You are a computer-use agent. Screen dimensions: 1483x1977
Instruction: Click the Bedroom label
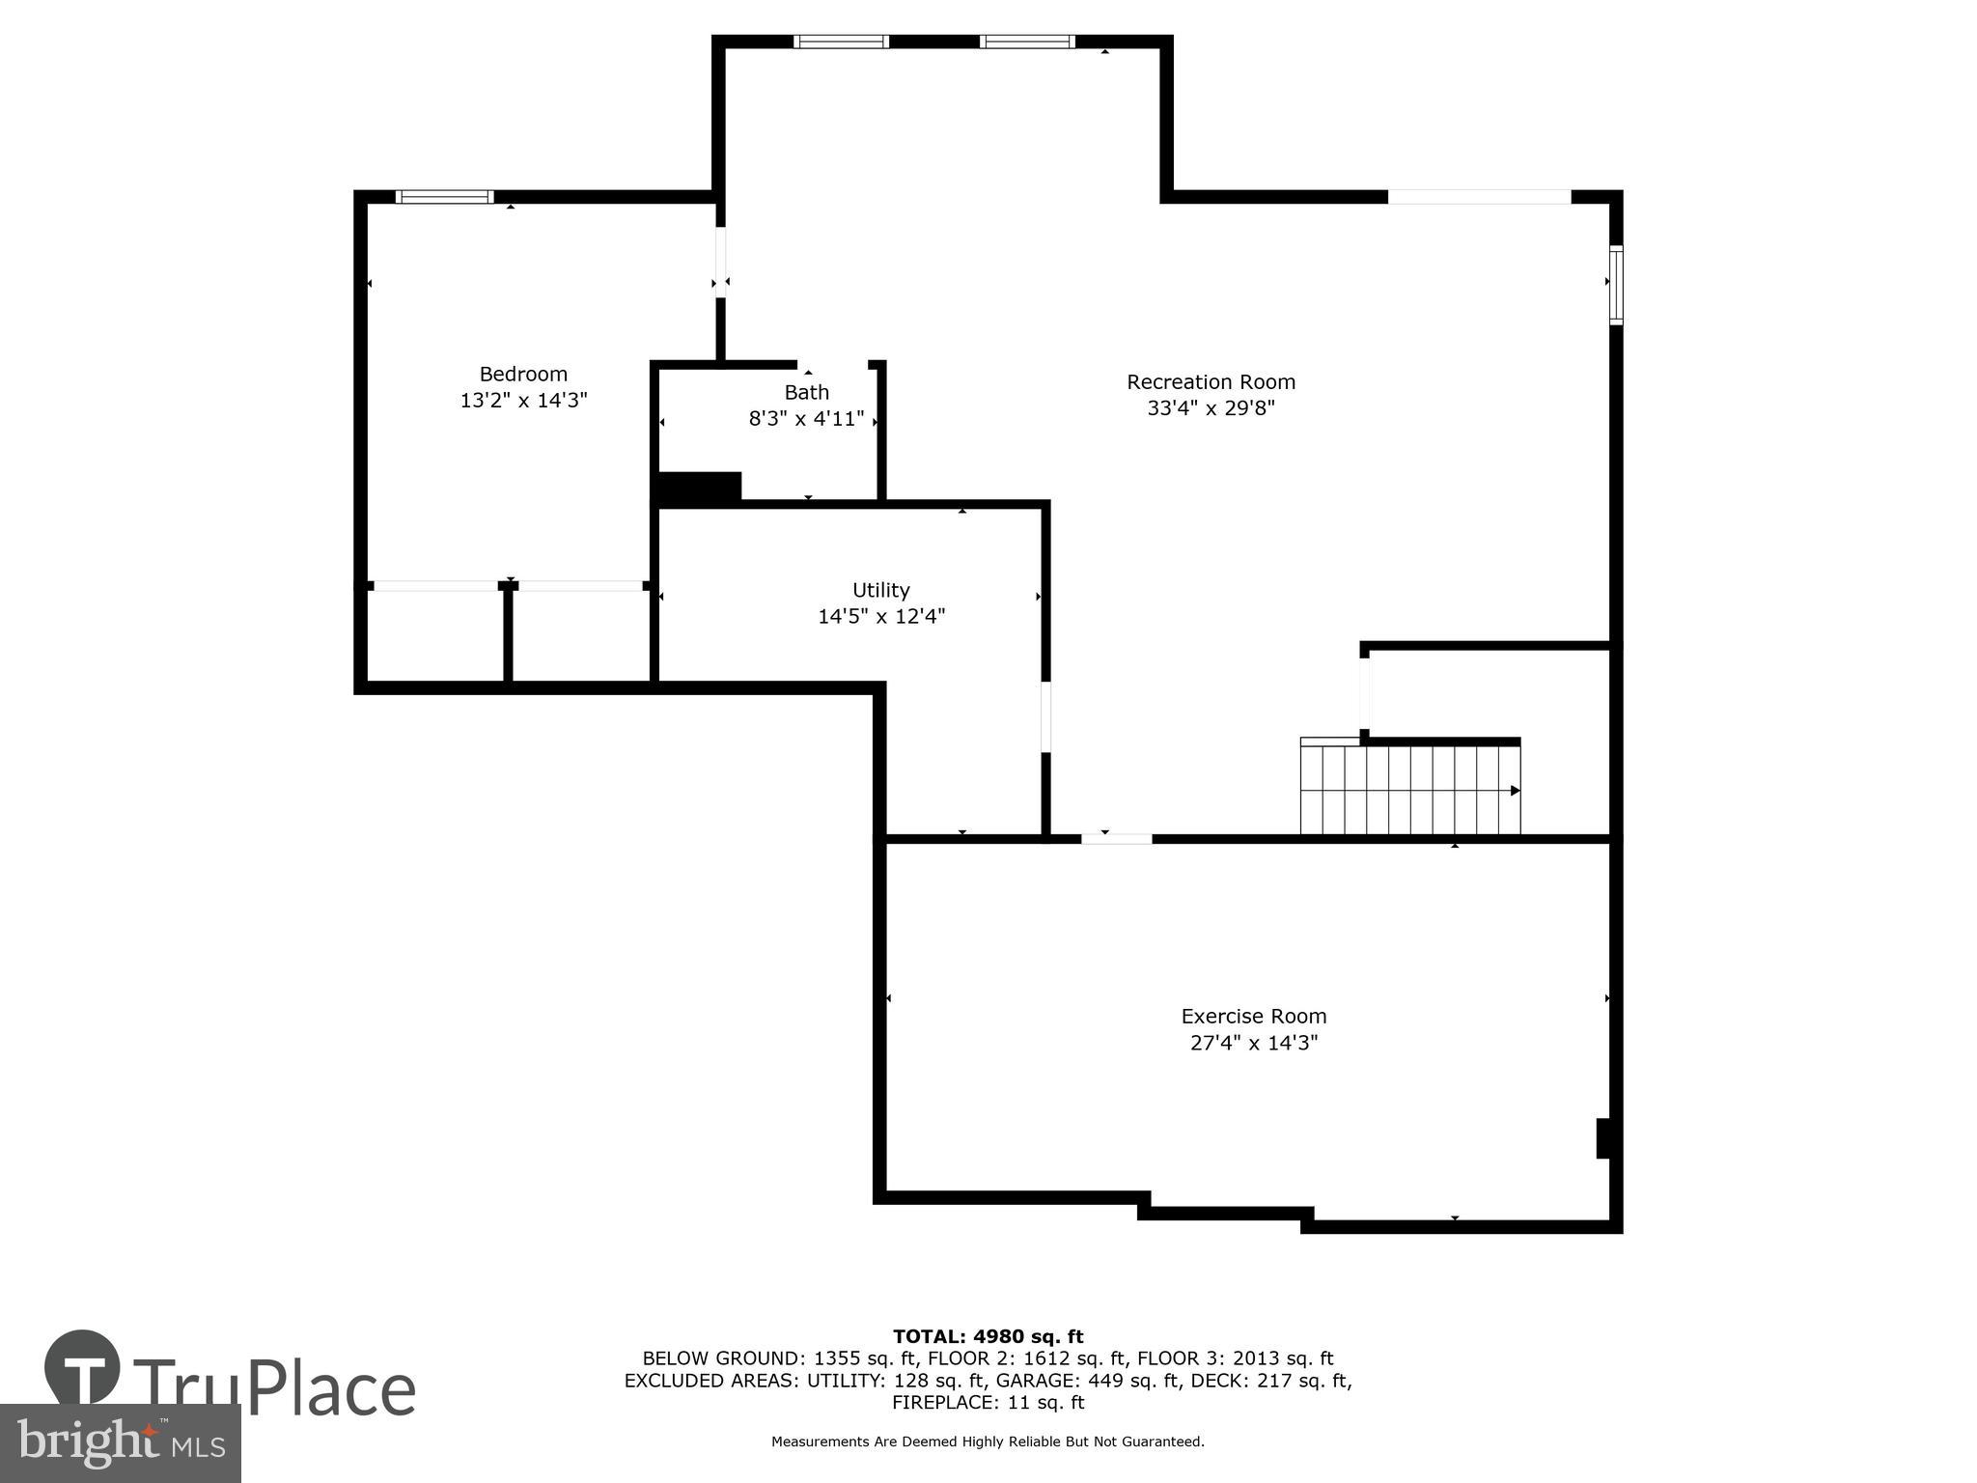(523, 374)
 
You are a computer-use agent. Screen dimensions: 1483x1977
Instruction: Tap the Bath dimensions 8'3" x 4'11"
(806, 419)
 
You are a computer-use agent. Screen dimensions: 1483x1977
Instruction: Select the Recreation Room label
(1211, 381)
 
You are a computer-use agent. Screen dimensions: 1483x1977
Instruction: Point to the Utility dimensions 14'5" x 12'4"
(880, 616)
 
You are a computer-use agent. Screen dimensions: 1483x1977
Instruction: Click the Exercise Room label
(1253, 1016)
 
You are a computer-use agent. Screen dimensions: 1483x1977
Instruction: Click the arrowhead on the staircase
(1515, 791)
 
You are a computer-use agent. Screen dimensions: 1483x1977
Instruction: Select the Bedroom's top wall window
(445, 197)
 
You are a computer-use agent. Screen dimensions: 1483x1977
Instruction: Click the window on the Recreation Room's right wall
(1616, 285)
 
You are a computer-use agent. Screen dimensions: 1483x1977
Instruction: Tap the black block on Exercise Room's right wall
(1603, 1137)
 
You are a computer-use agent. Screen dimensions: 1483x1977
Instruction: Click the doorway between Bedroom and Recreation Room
(720, 262)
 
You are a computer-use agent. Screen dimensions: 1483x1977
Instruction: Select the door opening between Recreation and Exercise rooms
(1116, 838)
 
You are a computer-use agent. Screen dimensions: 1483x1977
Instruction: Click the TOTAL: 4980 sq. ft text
(988, 1336)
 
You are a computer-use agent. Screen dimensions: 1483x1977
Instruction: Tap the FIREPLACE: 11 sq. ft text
(988, 1402)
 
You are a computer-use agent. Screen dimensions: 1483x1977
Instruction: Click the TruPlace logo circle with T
(82, 1367)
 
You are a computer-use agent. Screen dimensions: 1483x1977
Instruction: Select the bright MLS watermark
(120, 1444)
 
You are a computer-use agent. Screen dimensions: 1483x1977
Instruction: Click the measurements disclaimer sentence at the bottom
(988, 1441)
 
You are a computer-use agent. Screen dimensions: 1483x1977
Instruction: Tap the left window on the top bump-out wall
(841, 42)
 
